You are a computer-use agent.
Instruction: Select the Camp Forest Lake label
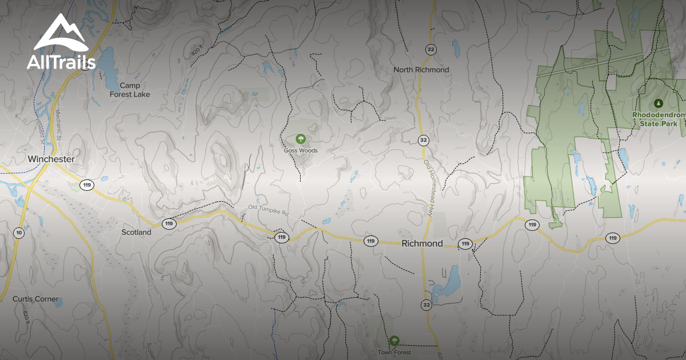tap(130, 90)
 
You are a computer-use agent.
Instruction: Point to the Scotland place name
tap(137, 232)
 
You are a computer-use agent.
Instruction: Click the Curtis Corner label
tap(36, 299)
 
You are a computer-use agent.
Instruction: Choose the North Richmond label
tap(421, 70)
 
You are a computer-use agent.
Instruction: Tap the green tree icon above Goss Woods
tap(300, 139)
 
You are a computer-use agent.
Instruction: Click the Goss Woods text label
tap(301, 151)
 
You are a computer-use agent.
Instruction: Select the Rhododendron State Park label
tap(658, 119)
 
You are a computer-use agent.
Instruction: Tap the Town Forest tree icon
tap(394, 341)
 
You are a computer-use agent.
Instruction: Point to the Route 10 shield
tap(19, 233)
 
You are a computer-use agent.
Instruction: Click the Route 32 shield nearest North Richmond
tap(430, 50)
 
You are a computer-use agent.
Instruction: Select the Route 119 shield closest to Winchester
tap(87, 185)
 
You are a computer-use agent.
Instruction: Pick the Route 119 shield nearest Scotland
tap(169, 223)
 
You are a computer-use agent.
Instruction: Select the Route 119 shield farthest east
tap(613, 238)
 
